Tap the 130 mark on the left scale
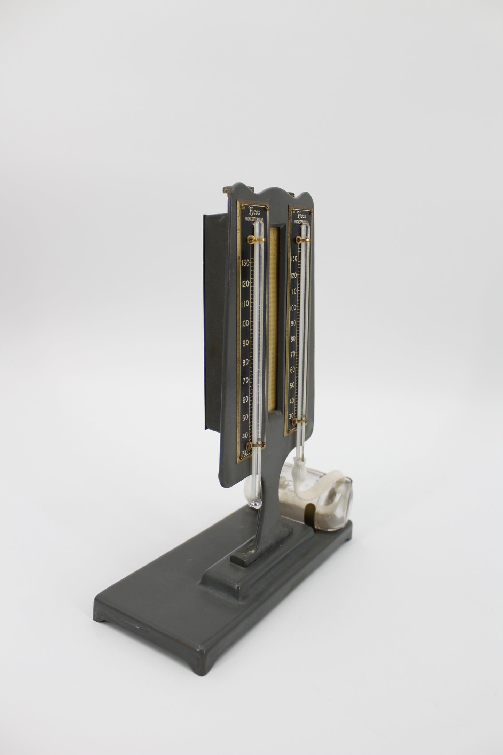pos(245,263)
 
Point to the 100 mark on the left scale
pos(245,323)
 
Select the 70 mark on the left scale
pos(245,380)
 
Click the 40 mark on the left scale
pos(245,436)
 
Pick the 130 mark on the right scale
pos(293,259)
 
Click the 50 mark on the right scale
pos(292,385)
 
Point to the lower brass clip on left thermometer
pos(256,445)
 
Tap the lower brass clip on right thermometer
pos(299,422)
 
